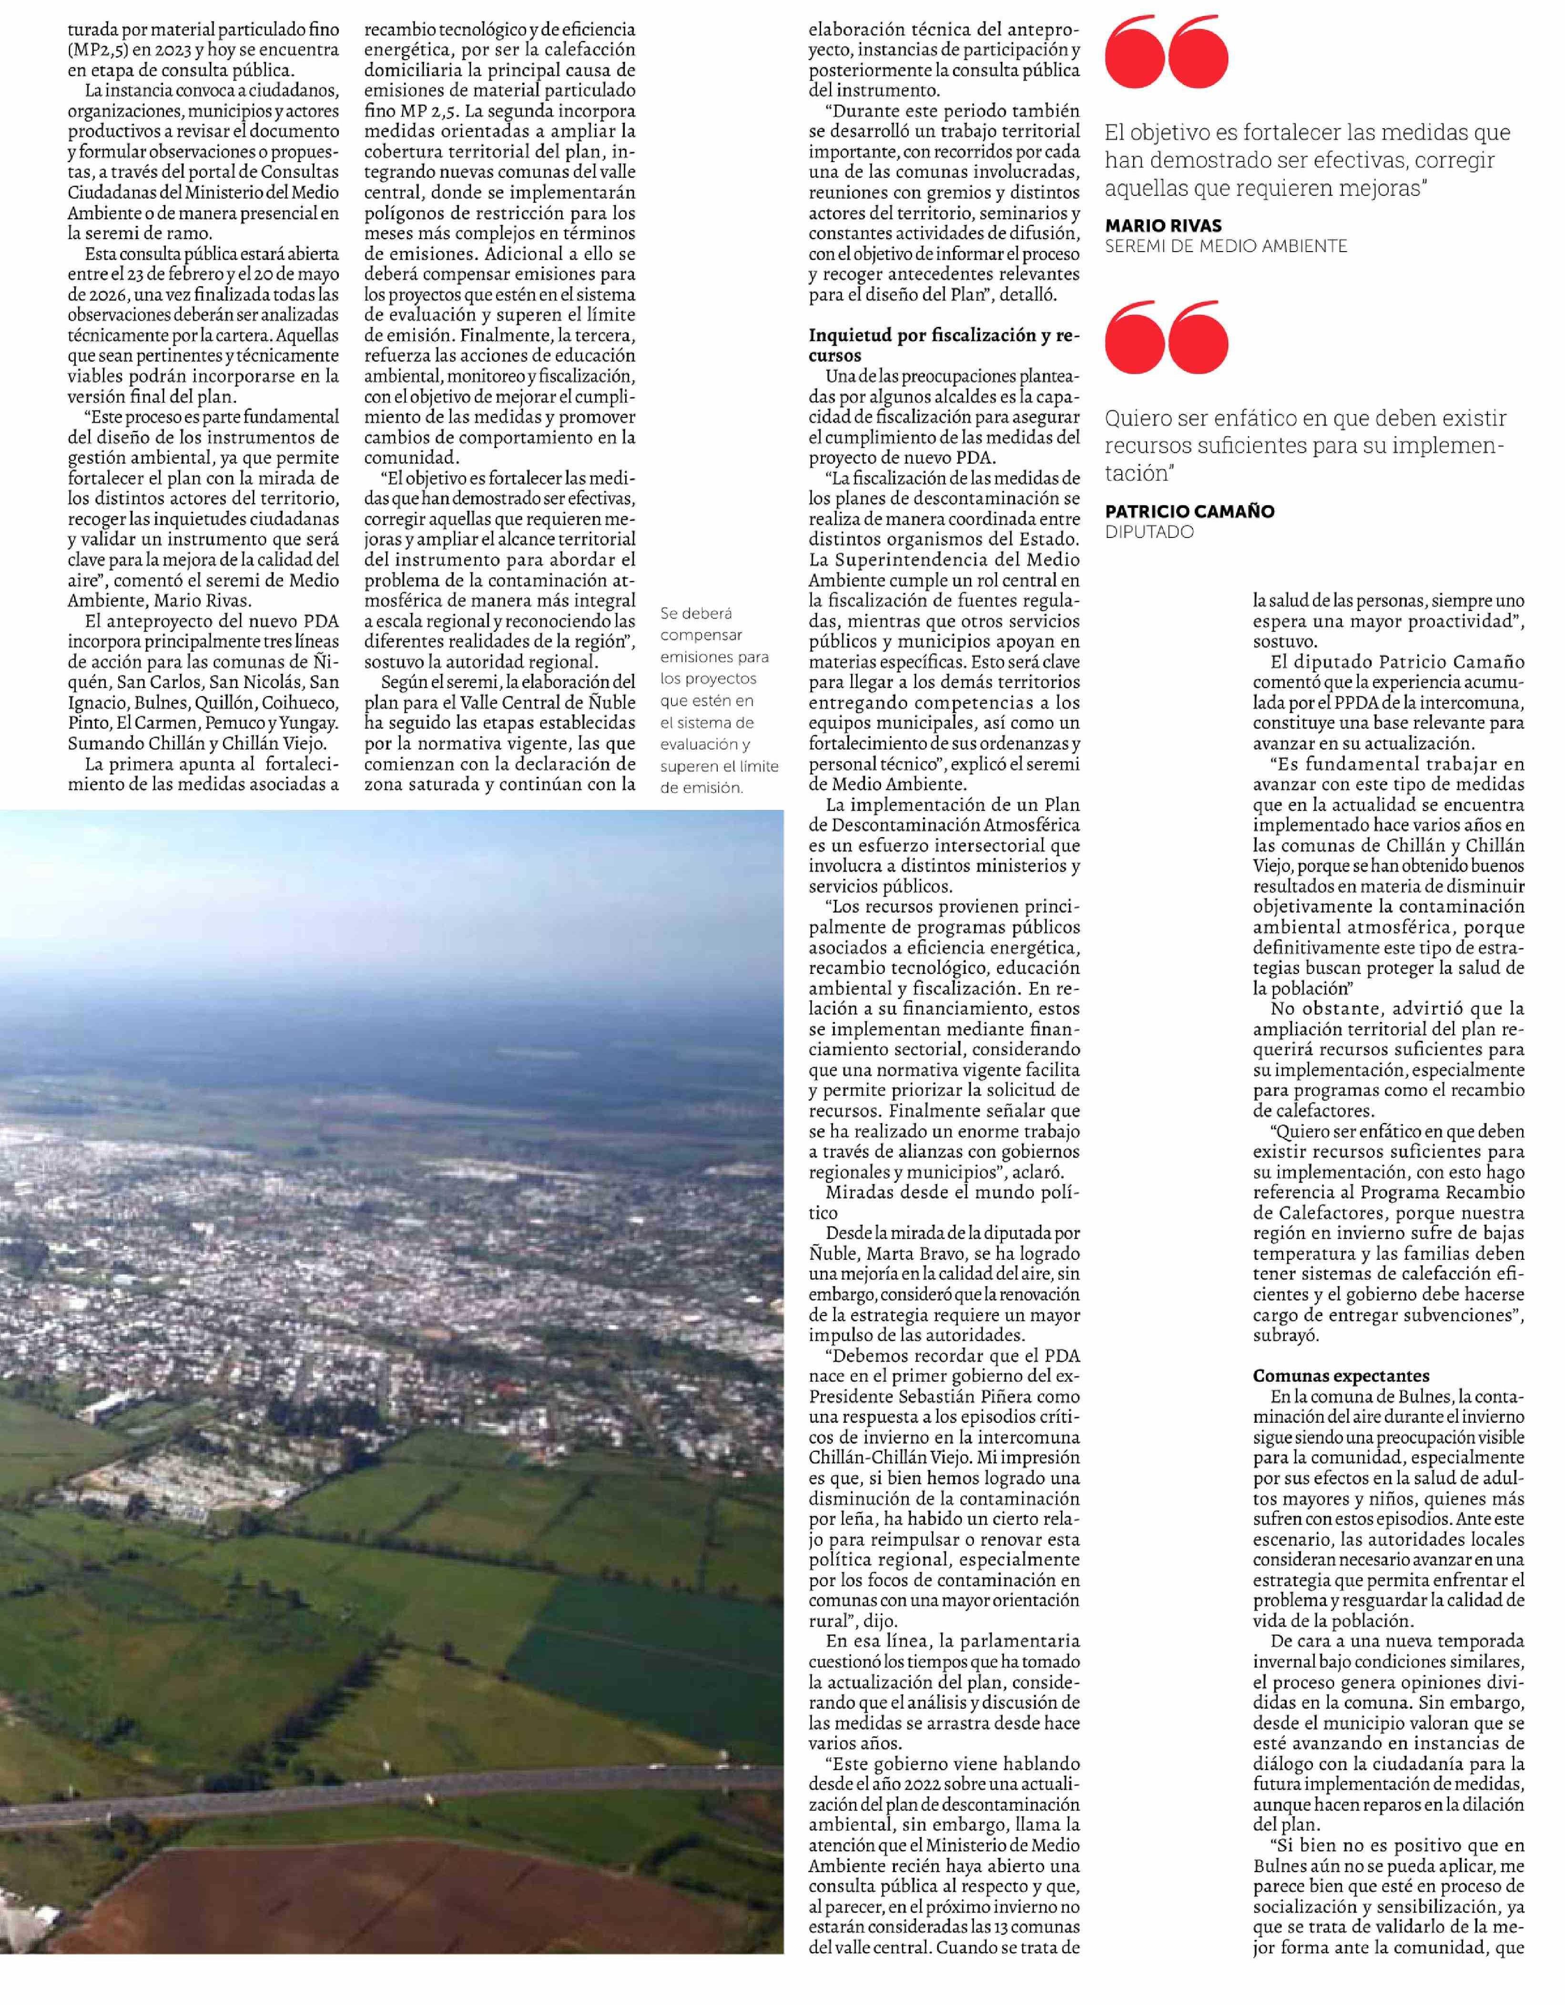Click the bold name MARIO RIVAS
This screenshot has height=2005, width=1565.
click(1163, 226)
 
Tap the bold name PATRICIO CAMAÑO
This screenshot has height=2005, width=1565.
click(1189, 511)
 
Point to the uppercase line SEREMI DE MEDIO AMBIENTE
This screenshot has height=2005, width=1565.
click(1225, 246)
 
